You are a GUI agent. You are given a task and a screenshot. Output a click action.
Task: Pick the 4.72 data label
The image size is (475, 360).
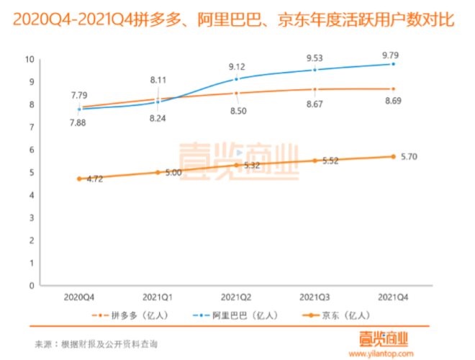93,179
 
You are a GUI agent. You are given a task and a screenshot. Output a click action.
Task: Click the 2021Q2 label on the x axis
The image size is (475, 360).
236,294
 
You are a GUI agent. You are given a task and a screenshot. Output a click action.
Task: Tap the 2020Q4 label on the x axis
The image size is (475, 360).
79,294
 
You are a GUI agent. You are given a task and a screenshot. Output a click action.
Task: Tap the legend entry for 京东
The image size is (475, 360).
330,315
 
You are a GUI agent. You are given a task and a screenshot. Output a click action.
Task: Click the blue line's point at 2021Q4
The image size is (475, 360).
393,64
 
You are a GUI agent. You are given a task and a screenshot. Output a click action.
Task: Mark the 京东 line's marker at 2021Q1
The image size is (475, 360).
158,172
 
